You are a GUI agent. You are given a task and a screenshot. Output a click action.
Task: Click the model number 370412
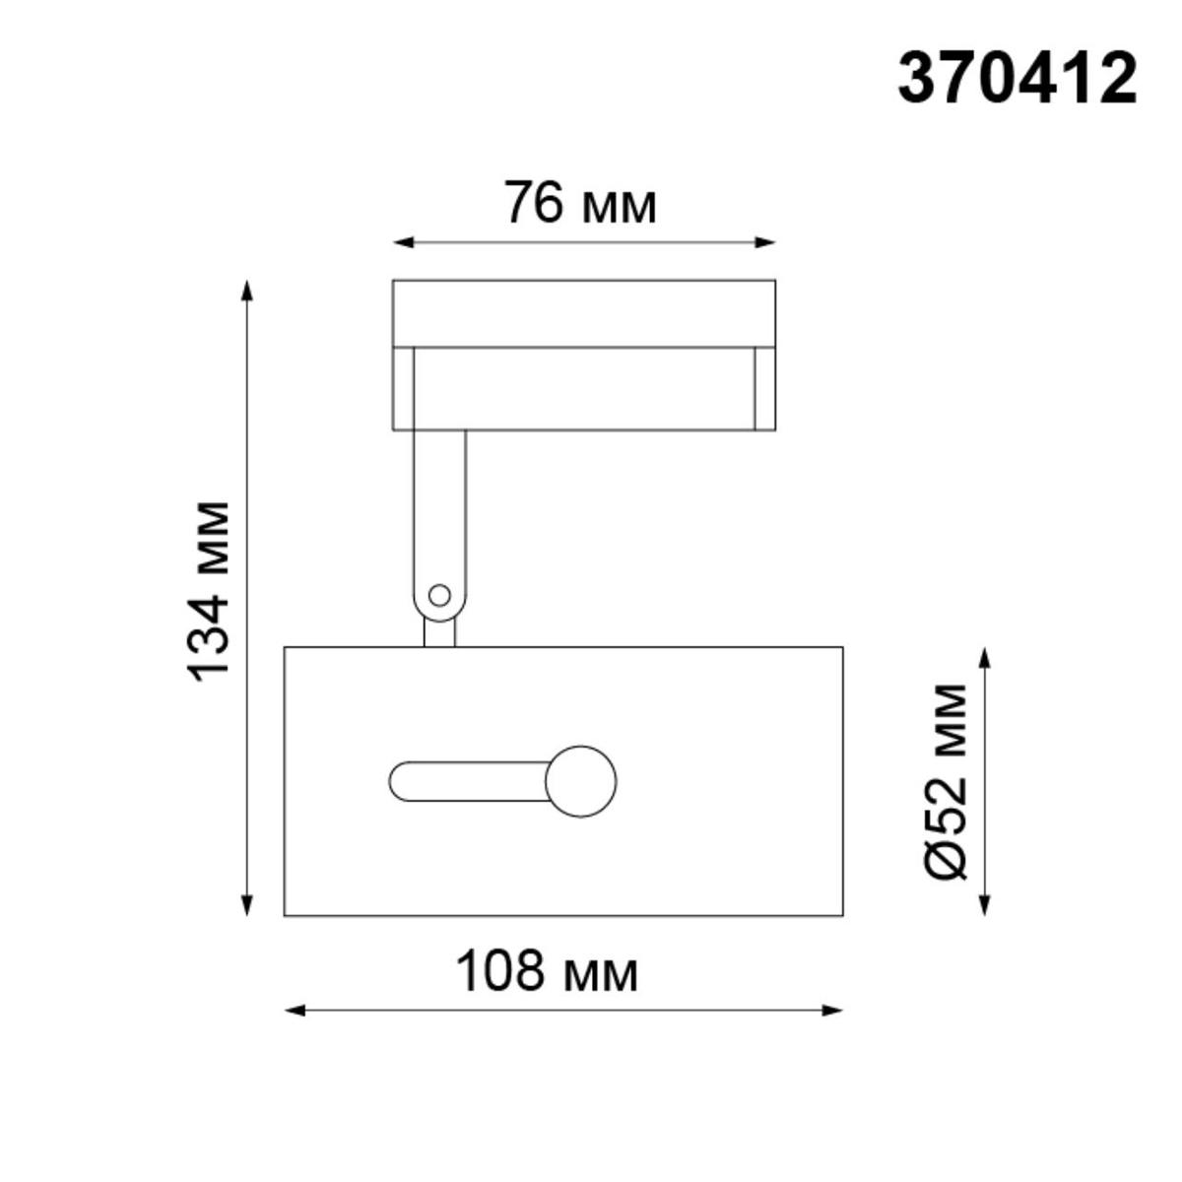pos(1017,80)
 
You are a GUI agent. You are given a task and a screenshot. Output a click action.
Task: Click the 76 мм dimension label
pos(580,204)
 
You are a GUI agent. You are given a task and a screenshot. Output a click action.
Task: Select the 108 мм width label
pos(547,972)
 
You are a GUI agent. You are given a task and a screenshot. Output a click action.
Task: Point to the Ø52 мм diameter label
pos(948,779)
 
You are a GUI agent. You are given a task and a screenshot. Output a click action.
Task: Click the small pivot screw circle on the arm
pos(439,595)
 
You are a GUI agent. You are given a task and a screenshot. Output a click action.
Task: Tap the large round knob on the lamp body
pos(581,781)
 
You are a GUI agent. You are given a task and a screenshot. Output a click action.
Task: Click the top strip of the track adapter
pos(583,313)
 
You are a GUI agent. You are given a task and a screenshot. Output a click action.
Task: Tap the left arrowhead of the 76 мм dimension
pos(399,241)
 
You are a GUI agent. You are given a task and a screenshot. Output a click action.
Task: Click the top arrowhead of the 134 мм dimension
pos(247,288)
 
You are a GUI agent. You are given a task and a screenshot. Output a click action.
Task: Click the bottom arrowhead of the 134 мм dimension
pos(247,908)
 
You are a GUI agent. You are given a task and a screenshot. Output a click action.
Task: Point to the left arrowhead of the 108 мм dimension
pos(292,1010)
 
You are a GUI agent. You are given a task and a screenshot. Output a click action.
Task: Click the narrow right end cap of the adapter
pos(764,388)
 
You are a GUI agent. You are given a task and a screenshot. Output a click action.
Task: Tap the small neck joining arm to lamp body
pos(439,632)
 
